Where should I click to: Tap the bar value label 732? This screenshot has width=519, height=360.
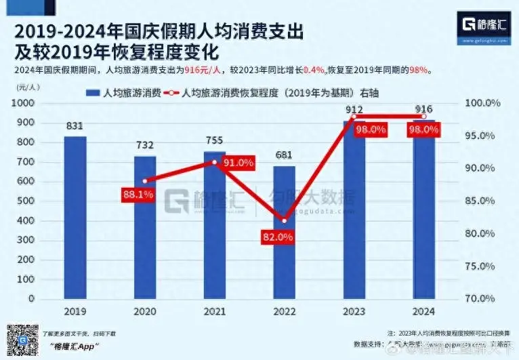(145, 145)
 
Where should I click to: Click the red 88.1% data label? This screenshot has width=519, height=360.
(138, 194)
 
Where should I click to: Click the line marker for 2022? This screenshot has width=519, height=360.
(285, 221)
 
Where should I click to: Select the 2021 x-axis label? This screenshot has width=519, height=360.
(214, 311)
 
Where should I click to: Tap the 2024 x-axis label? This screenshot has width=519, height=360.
(423, 311)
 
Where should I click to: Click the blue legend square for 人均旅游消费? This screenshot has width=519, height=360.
(89, 93)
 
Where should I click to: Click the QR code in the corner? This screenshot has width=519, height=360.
(20, 338)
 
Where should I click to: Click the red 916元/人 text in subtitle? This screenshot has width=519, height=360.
(205, 69)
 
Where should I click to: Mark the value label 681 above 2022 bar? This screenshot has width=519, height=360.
(285, 155)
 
